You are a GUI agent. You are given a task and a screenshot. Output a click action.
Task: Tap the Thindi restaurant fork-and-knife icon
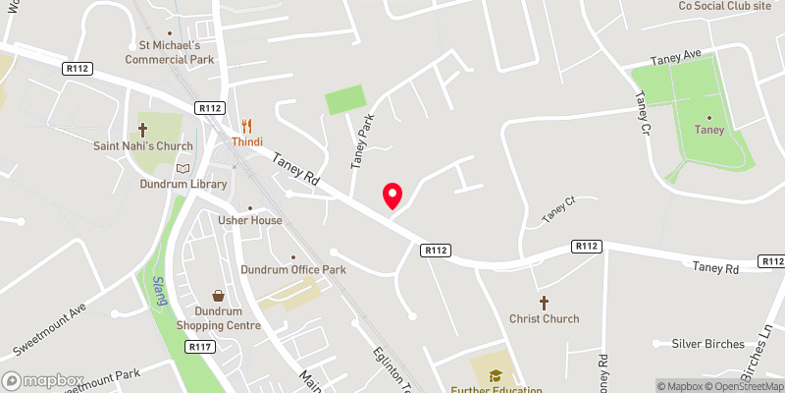point(247,126)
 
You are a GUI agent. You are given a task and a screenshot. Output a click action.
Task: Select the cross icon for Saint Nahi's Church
point(142,130)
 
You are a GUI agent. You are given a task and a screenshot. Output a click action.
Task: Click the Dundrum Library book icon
point(182,168)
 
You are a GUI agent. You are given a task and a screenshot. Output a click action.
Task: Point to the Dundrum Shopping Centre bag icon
point(218,295)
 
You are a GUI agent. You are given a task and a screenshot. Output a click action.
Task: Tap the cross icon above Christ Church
point(544,302)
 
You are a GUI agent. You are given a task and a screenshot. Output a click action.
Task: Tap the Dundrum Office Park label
point(293,269)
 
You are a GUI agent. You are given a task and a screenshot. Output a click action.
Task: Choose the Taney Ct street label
point(557,207)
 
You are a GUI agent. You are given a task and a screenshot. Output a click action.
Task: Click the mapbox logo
point(44,380)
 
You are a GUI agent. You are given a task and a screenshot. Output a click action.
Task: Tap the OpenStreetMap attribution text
point(745,386)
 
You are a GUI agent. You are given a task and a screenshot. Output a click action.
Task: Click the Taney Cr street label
point(643,112)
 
